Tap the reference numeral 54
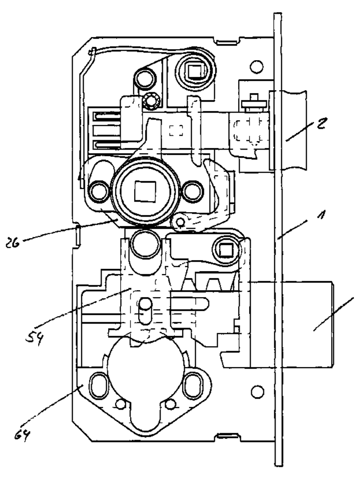point(34,336)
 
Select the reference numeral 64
point(23,432)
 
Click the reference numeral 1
point(321,216)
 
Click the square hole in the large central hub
point(144,191)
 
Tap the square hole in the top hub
point(194,71)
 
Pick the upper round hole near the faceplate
point(257,66)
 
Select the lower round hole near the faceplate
point(257,391)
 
